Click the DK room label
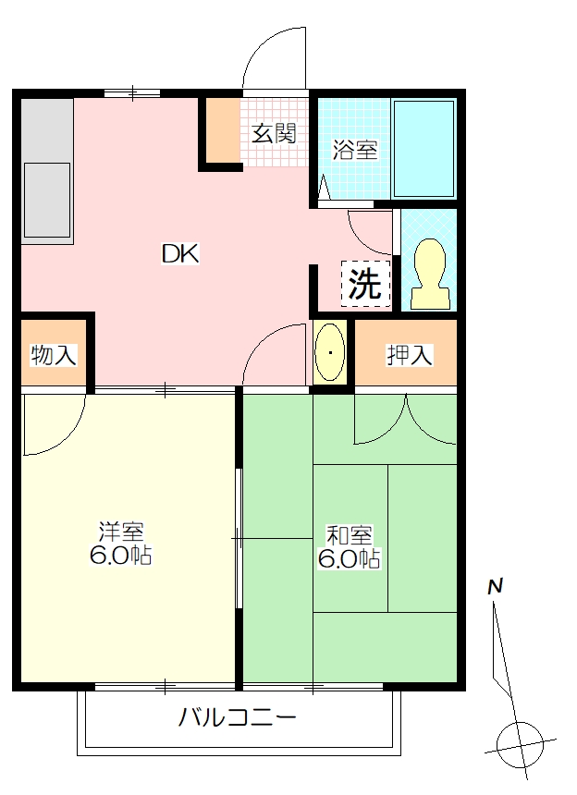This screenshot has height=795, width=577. pos(180,253)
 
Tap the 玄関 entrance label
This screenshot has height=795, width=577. pos(274,133)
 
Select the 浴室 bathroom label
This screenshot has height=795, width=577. pos(355,150)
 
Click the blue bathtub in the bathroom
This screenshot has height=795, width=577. pos(424,149)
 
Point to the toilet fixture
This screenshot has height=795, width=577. pos(430,274)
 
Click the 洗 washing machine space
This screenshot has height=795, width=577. pos(365,284)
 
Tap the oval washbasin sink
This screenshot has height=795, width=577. pos(330,352)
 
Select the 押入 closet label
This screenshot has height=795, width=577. pos(410,355)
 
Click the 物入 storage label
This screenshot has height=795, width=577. pos(54,355)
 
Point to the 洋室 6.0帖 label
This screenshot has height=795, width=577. pos(121,543)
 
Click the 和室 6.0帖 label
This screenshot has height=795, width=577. pos(349,546)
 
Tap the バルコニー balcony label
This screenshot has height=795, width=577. pos(237,717)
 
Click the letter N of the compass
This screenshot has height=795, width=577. pos(495,587)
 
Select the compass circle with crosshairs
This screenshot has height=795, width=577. pos(519,745)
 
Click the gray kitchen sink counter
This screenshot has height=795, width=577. pos(46,168)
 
